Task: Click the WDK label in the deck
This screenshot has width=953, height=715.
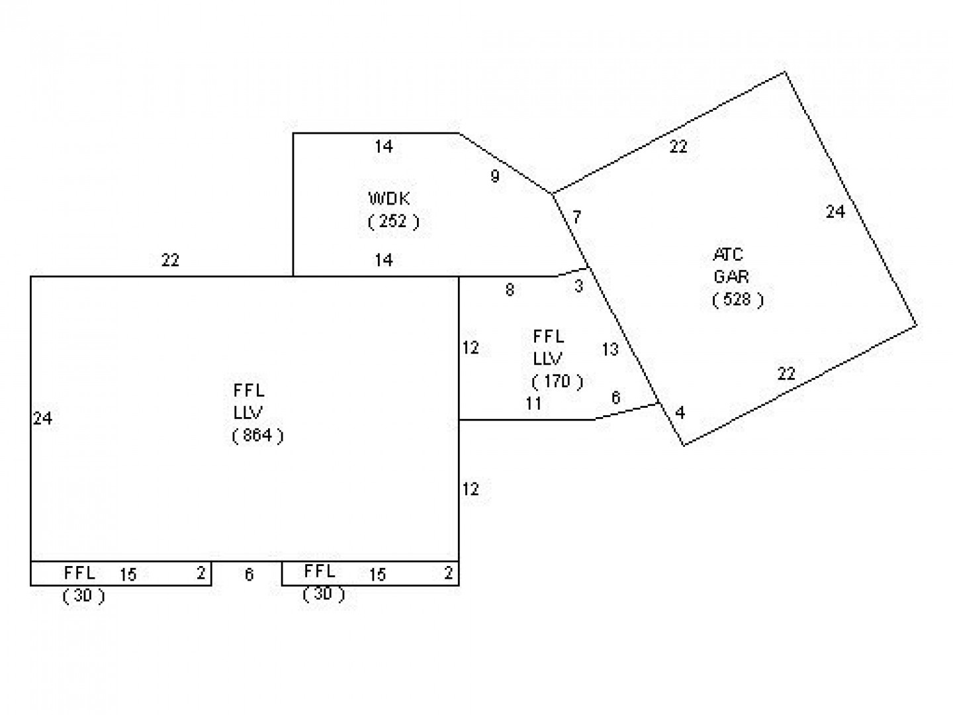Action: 388,199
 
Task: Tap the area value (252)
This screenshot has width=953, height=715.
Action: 393,221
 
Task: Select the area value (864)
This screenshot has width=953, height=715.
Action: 258,435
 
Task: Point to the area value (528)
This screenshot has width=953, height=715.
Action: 738,299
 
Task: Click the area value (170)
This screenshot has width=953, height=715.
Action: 557,381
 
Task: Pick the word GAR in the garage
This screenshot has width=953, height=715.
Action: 731,277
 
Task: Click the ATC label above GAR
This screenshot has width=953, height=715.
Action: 728,254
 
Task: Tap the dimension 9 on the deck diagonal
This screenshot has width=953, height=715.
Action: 495,176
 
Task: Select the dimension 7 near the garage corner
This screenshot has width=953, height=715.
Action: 576,216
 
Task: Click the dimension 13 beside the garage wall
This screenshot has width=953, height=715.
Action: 610,349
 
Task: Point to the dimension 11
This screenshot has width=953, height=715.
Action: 533,404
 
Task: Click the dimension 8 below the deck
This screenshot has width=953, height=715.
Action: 510,290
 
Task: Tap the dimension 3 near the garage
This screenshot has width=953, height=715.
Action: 578,287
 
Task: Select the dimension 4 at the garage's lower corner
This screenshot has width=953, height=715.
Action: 680,412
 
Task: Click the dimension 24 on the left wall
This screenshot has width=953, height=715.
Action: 42,418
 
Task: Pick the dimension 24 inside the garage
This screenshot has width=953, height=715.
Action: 835,212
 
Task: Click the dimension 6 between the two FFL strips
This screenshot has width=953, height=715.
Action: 249,575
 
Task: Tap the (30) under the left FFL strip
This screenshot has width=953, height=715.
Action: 84,596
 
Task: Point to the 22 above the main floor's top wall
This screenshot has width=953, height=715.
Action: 170,260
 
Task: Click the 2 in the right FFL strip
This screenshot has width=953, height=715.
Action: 449,573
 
